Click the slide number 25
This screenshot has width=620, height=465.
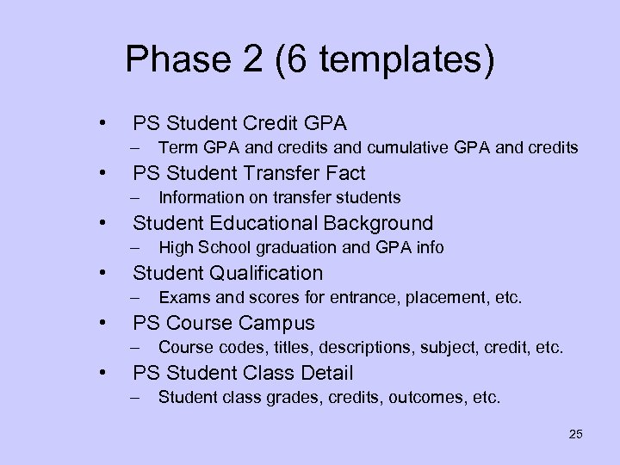575,433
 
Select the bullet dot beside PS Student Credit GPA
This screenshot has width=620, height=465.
103,123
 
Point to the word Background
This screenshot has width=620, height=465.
378,223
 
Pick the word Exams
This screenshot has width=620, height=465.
181,298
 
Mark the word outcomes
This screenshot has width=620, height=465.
420,398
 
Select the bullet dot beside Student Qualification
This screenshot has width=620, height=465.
103,273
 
